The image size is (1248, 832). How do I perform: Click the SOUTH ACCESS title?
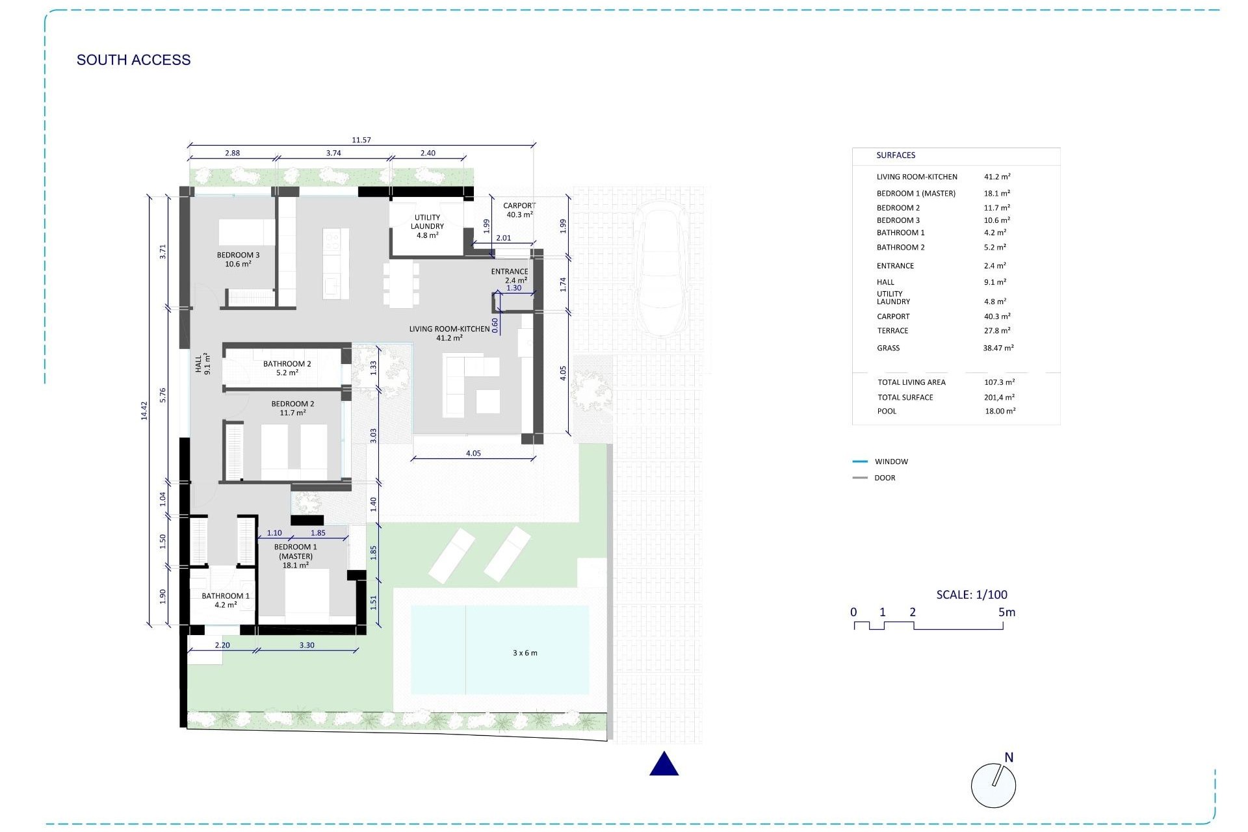point(134,60)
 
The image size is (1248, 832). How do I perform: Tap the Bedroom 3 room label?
point(238,259)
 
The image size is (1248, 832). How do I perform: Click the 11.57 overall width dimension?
point(361,140)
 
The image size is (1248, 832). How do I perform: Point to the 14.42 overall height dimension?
point(144,410)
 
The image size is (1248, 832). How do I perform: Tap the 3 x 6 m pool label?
point(525,653)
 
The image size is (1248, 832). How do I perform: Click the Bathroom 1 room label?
point(226,600)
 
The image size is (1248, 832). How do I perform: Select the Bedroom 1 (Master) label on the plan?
point(296,556)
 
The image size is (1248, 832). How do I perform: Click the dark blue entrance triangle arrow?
point(664,764)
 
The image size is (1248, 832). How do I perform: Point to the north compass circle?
point(993,785)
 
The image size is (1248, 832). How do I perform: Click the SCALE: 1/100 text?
point(972,594)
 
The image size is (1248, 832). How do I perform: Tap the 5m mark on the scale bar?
point(1006,612)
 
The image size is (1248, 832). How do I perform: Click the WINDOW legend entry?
point(891,461)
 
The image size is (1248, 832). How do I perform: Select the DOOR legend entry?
point(885,478)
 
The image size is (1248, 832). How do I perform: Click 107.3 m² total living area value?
point(999,382)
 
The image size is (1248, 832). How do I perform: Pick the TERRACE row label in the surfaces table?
point(892,331)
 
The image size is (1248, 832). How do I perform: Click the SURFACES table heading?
point(896,155)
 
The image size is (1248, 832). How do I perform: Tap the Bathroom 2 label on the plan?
point(287,368)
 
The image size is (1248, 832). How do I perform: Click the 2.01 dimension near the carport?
point(504,238)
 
